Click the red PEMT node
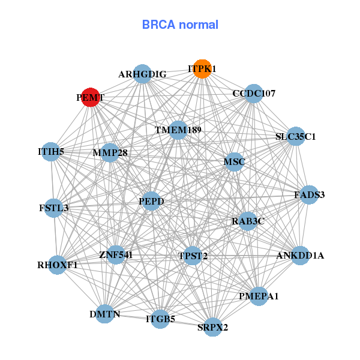[x=90, y=97]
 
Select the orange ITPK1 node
[x=202, y=69]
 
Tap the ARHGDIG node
[x=142, y=74]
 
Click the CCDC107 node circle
[x=254, y=93]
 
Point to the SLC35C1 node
[x=295, y=136]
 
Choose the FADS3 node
[x=309, y=194]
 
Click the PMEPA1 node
[x=259, y=296]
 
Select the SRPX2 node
[x=213, y=327]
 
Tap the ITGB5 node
[x=160, y=319]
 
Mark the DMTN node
[x=105, y=314]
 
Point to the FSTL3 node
[x=54, y=208]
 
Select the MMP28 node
[x=110, y=153]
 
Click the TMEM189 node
[x=178, y=130]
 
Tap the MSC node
[x=233, y=161]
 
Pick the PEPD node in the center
[x=151, y=200]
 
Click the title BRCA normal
[x=180, y=25]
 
